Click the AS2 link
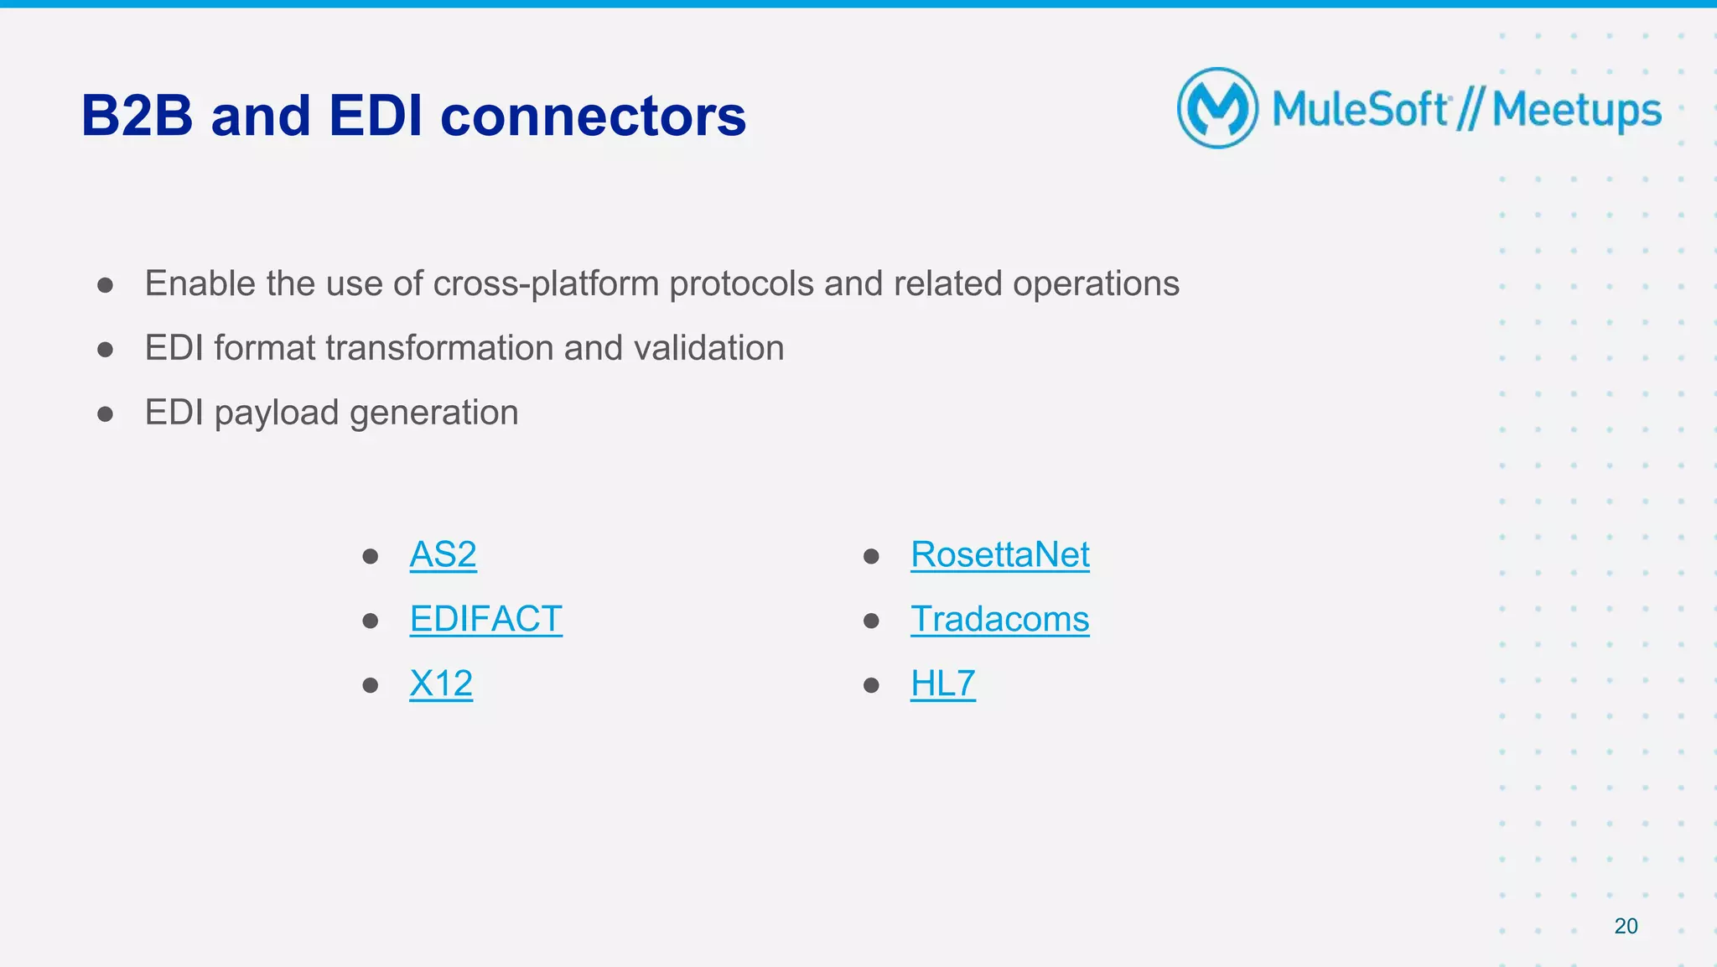pos(443,554)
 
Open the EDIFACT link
pos(485,619)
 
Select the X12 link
pos(441,684)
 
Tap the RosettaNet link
pos(999,554)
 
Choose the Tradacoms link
pos(999,619)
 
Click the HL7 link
pos(942,684)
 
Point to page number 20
pos(1626,926)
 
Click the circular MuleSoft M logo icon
pos(1217,108)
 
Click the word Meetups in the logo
pos(1576,111)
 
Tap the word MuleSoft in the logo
pos(1360,109)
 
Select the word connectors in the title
pos(593,116)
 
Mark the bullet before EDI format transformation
pos(105,349)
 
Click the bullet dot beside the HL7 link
pos(871,685)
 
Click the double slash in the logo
pos(1470,109)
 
